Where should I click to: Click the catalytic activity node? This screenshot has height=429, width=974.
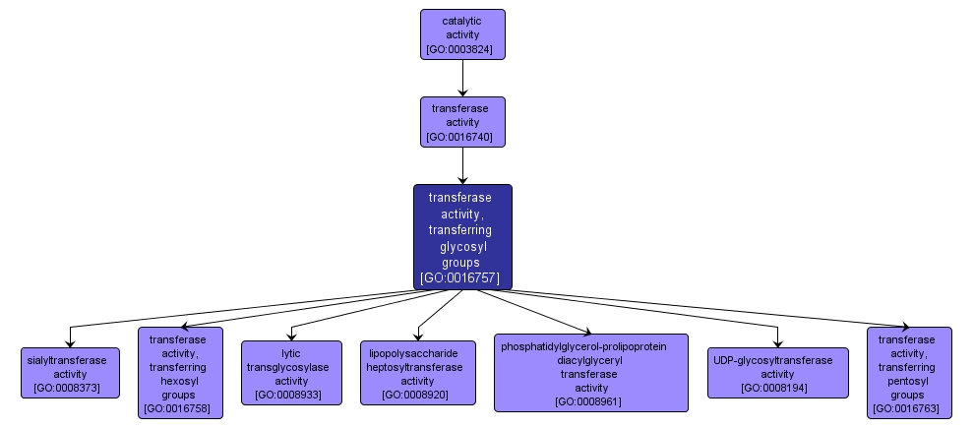point(462,34)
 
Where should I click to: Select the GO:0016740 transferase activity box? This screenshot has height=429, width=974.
point(462,121)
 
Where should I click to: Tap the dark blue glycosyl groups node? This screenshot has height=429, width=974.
point(462,236)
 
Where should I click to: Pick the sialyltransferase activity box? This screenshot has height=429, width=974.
point(70,372)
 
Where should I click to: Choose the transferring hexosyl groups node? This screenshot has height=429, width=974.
point(180,373)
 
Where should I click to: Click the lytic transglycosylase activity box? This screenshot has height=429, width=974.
point(291,372)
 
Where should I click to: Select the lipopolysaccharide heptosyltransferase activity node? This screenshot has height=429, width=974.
point(417,372)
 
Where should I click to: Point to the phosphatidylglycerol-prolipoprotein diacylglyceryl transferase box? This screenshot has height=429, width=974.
point(590,373)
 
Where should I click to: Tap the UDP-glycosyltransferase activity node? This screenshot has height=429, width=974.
point(777,372)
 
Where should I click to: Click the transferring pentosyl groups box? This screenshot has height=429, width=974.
point(909,373)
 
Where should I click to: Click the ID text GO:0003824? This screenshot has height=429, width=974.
point(462,49)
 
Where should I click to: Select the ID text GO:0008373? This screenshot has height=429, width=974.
point(70,388)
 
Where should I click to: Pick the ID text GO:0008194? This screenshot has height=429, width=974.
point(777,388)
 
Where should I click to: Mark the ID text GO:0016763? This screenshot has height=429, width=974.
point(909,407)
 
